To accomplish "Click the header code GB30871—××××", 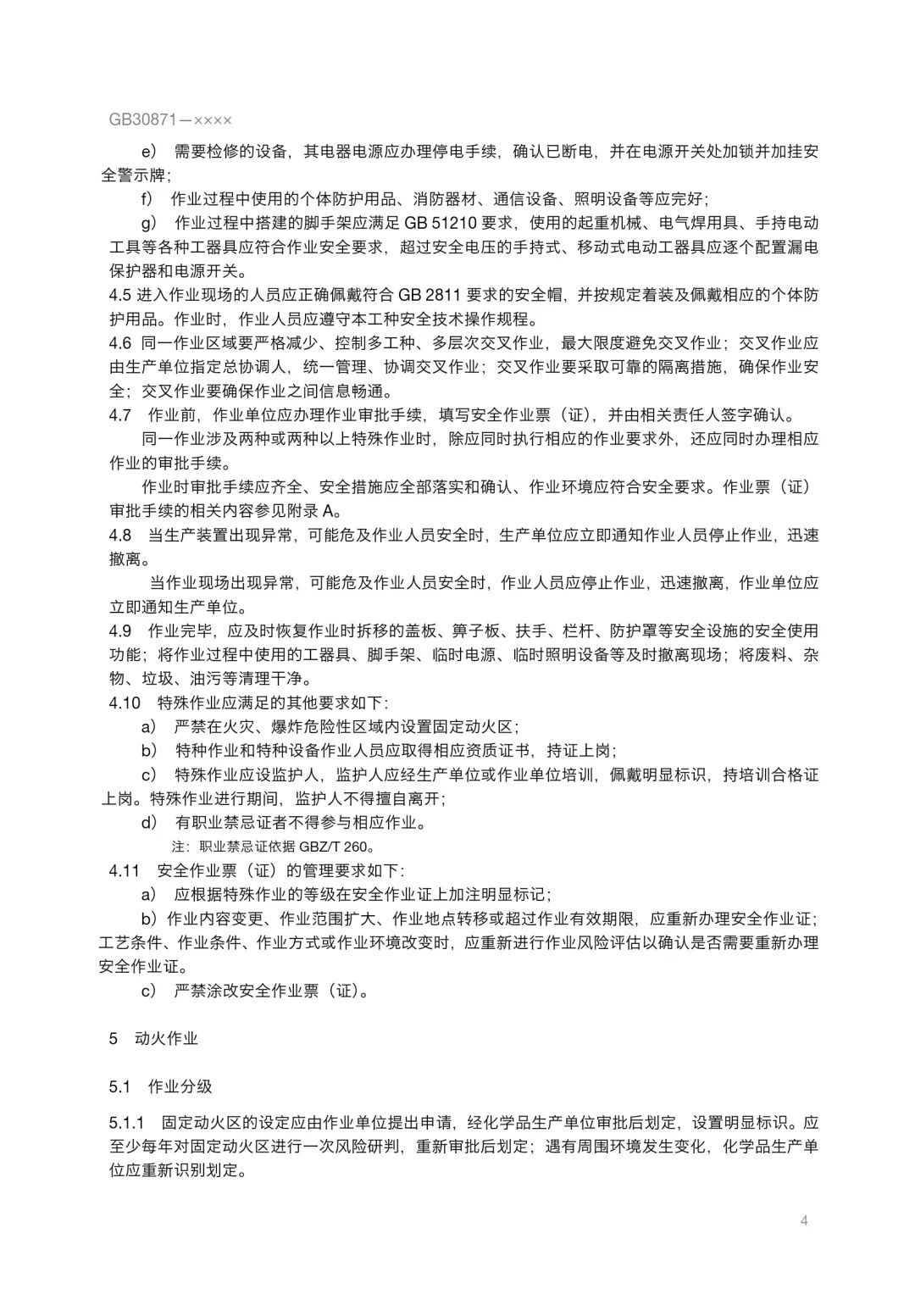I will pos(170,120).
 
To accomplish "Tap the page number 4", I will pos(804,1221).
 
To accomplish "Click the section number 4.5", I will pos(120,296).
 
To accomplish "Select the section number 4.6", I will pos(120,343).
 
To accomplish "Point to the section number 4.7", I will pos(120,415).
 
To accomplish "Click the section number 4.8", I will pos(120,536).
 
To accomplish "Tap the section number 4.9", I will pos(120,631).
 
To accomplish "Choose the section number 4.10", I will pos(125,703).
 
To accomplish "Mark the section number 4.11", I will pos(124,870).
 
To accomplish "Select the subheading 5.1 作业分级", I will pos(160,1086).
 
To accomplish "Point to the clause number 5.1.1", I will pos(126,1124).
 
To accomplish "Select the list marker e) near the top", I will pos(149,152).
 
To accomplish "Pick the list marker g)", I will pos(149,224).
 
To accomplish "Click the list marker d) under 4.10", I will pos(149,822).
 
